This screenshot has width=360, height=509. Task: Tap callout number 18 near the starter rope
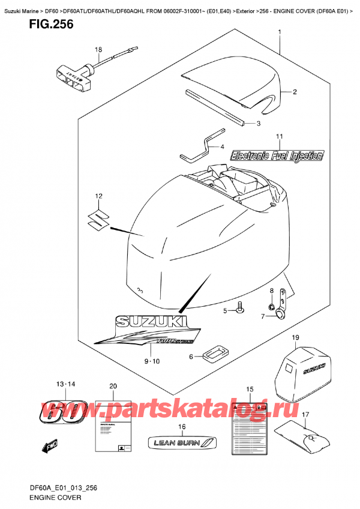pos(98,50)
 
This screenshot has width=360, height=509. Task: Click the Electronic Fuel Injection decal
pos(277,155)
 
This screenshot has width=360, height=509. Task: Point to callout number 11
pos(279,138)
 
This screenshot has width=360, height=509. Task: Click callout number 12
pos(98,196)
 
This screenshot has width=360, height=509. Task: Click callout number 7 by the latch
pos(262,316)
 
